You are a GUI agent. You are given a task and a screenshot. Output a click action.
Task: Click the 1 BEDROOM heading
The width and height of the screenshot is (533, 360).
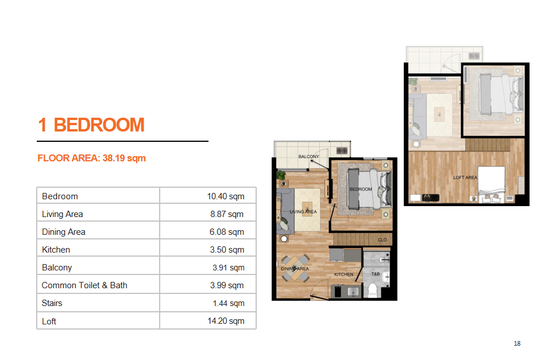tap(91, 125)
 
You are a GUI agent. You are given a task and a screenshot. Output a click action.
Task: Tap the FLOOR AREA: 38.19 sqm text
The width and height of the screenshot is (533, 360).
tap(91, 158)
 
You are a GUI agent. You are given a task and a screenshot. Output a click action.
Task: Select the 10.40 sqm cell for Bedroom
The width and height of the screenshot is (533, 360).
tap(226, 196)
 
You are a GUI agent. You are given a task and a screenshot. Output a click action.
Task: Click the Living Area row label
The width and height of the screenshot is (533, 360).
tap(62, 214)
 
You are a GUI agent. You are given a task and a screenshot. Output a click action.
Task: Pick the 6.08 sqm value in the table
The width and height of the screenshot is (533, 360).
tap(227, 232)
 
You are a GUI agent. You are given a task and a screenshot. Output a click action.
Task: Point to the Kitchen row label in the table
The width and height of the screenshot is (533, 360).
tap(56, 250)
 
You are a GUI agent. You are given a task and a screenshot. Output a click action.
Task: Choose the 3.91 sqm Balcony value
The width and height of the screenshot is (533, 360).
tap(229, 268)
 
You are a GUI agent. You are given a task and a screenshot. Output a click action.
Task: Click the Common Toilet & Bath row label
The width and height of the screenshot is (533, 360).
tap(84, 285)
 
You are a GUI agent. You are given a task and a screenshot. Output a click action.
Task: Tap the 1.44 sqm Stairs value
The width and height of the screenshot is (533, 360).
tap(229, 303)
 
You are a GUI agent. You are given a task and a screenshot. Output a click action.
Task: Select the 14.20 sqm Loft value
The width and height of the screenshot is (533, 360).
tap(226, 321)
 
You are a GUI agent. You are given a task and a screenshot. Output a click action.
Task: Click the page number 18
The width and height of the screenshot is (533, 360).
tap(517, 343)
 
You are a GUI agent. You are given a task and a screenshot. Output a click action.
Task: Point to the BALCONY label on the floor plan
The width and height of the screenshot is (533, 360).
tap(308, 156)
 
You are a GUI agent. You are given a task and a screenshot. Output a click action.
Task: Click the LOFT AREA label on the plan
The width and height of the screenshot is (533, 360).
tap(465, 177)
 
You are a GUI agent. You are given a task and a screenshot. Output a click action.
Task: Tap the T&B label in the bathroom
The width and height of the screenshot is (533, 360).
tap(376, 274)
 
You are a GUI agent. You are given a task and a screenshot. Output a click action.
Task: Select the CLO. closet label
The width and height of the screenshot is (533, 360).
tap(383, 239)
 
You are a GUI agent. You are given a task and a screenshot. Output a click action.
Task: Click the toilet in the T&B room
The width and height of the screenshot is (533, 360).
tap(373, 290)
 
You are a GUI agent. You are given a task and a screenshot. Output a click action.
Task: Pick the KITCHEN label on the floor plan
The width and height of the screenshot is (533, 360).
tap(343, 274)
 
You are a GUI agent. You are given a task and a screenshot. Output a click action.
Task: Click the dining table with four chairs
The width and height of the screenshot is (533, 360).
tap(295, 268)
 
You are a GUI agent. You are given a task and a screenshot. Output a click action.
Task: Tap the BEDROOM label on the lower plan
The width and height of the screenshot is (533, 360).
tap(361, 189)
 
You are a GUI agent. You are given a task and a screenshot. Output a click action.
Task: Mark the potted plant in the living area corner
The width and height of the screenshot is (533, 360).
tap(281, 176)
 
